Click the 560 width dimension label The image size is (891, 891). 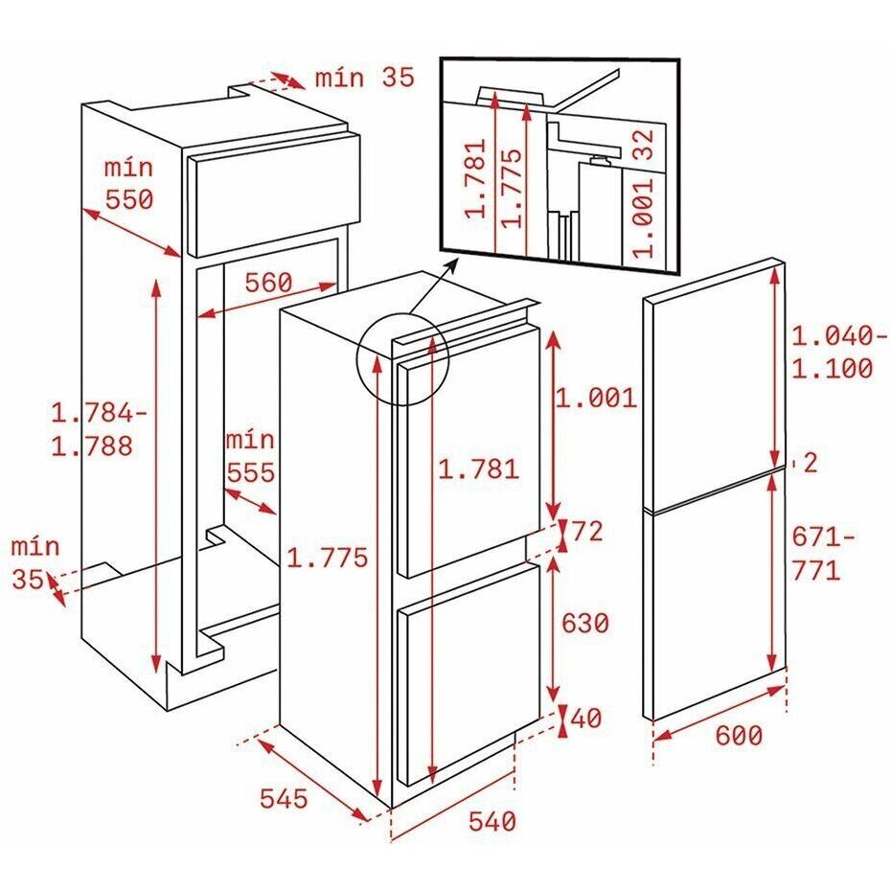coord(268,283)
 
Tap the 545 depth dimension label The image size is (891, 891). coord(284,798)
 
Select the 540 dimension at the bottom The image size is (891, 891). coord(492,821)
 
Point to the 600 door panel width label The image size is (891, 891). coord(739,736)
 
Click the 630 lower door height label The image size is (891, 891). coord(584,623)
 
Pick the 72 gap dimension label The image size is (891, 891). coord(587,532)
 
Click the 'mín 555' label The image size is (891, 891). coord(250,456)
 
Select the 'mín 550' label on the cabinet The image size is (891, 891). coord(129,184)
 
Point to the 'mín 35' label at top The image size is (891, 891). coord(365,78)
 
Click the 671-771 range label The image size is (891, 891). coord(823,553)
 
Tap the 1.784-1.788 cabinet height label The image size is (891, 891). coord(100,429)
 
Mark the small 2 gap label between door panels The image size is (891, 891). coord(811,463)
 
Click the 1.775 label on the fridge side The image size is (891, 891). coord(328,558)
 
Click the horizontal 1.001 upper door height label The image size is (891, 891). coord(596,398)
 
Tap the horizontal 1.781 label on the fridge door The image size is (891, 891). coord(478,469)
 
